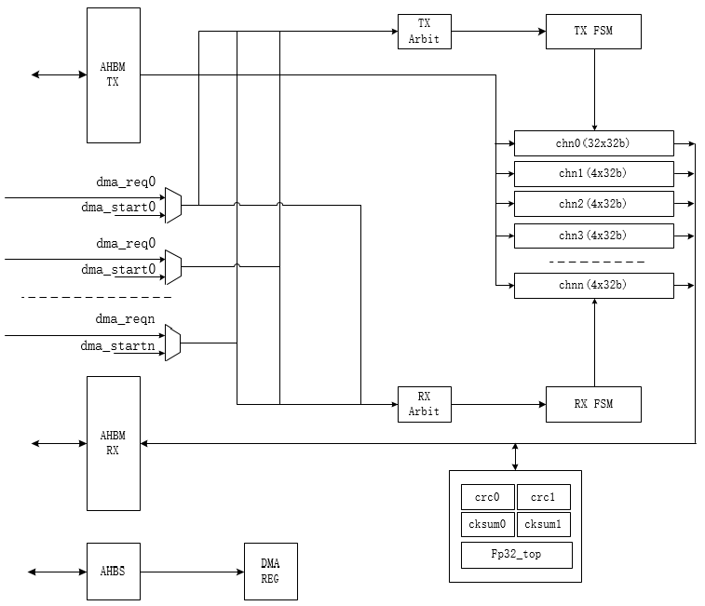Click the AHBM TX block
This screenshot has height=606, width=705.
coord(114,74)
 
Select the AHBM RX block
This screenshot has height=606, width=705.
coord(114,443)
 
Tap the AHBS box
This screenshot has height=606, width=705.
coord(114,571)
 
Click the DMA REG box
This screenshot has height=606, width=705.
coord(271,571)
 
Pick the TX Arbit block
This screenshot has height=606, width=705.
coord(424,31)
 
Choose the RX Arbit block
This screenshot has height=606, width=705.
coord(424,404)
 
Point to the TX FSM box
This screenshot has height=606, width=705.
coord(593,32)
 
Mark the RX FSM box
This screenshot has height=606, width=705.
coord(593,404)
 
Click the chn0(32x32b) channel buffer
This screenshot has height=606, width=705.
coord(593,143)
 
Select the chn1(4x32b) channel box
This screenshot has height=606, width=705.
coord(593,174)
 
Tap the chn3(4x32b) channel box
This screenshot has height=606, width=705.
coord(593,236)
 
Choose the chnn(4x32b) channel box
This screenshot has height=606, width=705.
coord(593,285)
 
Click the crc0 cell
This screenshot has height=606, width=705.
coord(487,497)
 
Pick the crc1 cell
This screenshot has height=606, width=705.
coord(543,497)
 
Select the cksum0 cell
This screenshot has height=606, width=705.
coord(487,525)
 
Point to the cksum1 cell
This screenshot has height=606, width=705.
coord(543,525)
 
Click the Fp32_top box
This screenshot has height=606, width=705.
coord(515,555)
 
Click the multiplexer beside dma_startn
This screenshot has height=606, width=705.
coord(172,343)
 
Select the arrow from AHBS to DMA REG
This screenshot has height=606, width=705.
coord(192,571)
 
